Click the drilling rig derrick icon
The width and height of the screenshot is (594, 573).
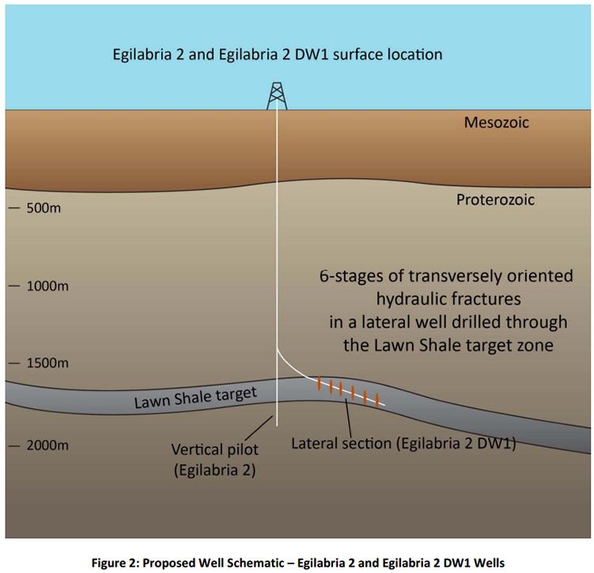pyautogui.click(x=277, y=97)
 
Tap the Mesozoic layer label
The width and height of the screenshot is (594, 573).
pyautogui.click(x=496, y=123)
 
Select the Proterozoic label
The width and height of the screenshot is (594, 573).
pyautogui.click(x=495, y=199)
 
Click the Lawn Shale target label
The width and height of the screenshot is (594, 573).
pyautogui.click(x=196, y=398)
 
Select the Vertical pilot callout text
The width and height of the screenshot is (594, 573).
pyautogui.click(x=215, y=460)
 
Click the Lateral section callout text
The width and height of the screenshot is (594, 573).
pyautogui.click(x=403, y=443)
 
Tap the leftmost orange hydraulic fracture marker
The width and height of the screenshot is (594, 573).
pyautogui.click(x=319, y=384)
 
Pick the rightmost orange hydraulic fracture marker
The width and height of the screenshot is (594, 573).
pyautogui.click(x=377, y=400)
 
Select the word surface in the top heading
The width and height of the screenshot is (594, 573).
pyautogui.click(x=357, y=55)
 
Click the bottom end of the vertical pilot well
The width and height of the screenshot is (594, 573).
pyautogui.click(x=277, y=426)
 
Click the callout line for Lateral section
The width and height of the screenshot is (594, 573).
pyautogui.click(x=348, y=418)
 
